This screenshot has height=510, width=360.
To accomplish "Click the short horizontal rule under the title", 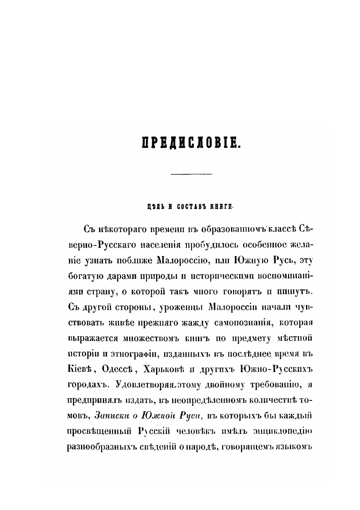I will (192, 174).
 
